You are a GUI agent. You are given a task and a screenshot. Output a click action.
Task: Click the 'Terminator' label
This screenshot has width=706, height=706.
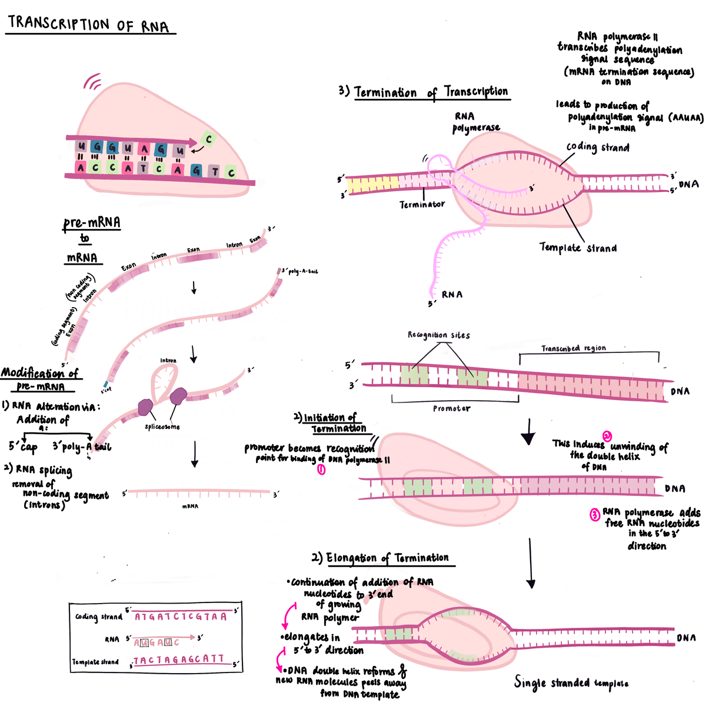click(422, 205)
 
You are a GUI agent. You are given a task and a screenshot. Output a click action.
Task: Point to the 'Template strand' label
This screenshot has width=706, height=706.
click(578, 248)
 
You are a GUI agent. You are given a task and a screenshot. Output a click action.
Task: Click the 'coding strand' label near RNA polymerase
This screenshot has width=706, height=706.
click(597, 147)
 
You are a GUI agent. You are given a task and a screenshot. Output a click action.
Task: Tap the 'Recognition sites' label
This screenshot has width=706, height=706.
click(439, 335)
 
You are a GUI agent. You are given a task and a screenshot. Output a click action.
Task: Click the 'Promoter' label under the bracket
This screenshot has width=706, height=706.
click(451, 408)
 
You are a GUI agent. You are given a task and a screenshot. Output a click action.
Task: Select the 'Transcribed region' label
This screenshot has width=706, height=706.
click(573, 348)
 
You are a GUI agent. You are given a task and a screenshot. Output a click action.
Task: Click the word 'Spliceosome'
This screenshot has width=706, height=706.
click(162, 427)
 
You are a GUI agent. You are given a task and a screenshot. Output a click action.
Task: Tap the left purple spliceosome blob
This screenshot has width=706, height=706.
click(145, 406)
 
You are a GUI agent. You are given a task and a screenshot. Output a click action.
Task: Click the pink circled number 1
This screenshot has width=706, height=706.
click(321, 469)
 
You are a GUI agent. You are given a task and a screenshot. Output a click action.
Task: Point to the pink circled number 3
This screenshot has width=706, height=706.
click(595, 515)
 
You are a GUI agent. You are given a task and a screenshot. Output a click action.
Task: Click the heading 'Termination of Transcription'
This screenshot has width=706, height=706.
click(431, 92)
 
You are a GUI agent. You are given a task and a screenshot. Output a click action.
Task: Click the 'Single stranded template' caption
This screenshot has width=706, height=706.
click(571, 682)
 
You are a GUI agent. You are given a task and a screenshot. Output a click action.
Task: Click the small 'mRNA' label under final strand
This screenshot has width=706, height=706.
click(190, 506)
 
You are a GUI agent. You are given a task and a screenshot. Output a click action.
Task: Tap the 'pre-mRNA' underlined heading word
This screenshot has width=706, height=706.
click(92, 223)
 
